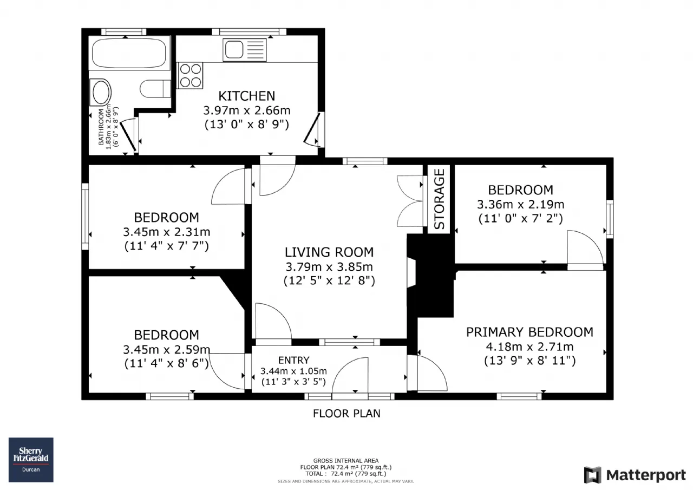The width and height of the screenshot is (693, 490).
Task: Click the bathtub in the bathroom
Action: point(129,53)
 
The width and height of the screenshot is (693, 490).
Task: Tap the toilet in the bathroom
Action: point(155,89)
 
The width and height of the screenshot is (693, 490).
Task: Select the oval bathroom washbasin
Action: point(101,92)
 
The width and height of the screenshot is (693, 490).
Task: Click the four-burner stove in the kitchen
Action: point(190,75)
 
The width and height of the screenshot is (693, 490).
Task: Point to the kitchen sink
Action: point(244,50)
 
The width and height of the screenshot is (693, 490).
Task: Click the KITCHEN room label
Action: point(246,96)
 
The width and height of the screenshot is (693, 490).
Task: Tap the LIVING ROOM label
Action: point(329,252)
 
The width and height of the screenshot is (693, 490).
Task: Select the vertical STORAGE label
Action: point(439,199)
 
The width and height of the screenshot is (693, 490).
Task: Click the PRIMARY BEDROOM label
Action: point(529,332)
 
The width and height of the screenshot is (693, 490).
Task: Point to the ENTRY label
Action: point(293,361)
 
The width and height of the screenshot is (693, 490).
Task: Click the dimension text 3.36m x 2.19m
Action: point(520,205)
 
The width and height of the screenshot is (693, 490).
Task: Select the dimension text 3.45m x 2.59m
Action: point(166,350)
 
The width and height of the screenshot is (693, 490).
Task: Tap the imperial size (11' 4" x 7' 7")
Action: point(166,246)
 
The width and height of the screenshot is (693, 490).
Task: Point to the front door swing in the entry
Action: point(350,375)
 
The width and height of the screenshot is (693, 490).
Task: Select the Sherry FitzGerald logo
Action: point(31,460)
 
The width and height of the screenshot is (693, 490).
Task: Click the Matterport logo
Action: point(635,475)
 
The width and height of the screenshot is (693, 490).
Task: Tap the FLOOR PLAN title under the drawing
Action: point(346,414)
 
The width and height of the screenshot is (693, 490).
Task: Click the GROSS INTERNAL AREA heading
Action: point(346,461)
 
